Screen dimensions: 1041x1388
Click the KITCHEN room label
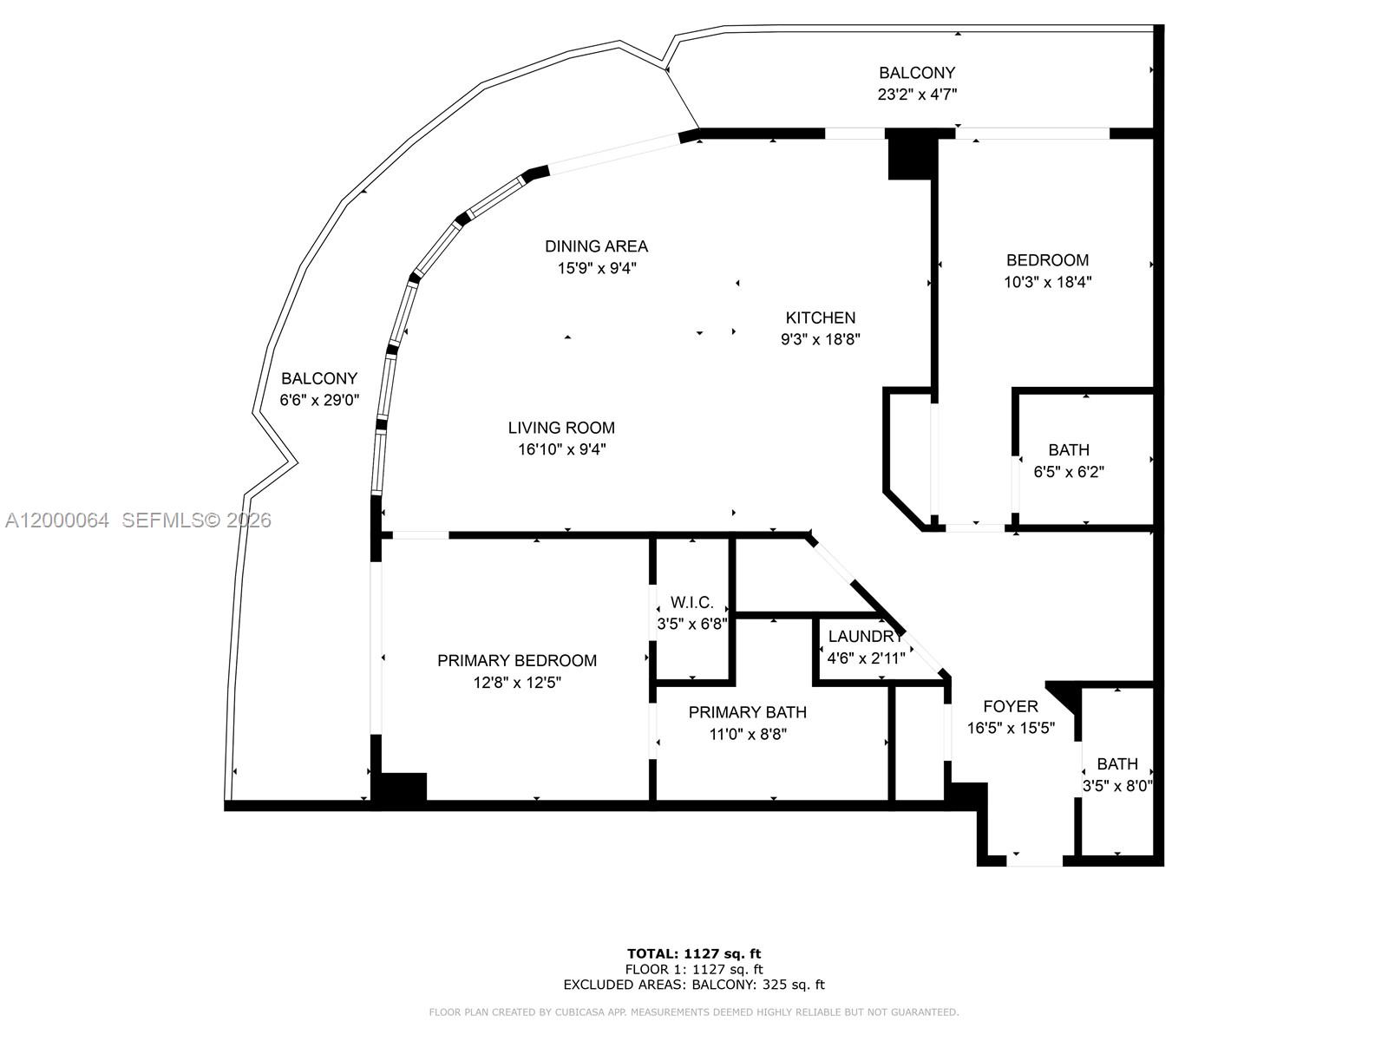(820, 318)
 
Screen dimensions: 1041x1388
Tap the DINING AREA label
(596, 246)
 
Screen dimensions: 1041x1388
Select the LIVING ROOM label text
(561, 428)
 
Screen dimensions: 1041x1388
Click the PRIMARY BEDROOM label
(517, 661)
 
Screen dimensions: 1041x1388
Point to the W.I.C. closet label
(691, 603)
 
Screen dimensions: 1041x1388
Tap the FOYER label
(1011, 707)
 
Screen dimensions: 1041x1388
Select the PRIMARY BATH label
(747, 712)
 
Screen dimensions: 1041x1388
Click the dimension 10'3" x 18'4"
(1047, 282)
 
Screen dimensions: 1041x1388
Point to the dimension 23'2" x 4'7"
(917, 95)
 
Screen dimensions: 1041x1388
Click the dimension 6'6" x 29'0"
(319, 401)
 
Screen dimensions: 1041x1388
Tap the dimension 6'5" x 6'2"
(1069, 473)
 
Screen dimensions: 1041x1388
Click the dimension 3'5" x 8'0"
(1116, 787)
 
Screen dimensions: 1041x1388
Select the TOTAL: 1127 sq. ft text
(694, 954)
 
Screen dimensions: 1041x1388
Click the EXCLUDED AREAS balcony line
(694, 985)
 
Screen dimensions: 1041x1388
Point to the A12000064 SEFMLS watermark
(138, 520)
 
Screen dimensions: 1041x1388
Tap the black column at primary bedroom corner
(400, 788)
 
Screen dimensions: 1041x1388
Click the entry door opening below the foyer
(1034, 861)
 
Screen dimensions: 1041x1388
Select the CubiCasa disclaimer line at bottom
(694, 1012)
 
